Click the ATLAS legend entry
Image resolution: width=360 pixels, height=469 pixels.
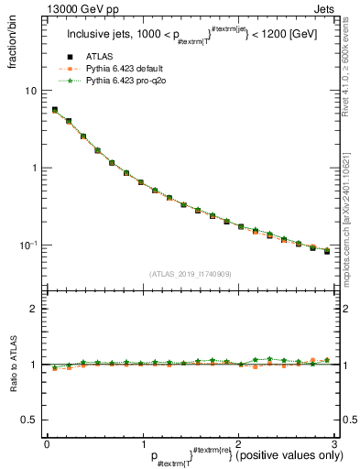point(99,59)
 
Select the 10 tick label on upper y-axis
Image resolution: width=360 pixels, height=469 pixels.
point(31,91)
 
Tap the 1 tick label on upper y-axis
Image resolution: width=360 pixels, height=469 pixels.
point(34,169)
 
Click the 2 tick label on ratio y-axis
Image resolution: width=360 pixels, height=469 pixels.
point(34,309)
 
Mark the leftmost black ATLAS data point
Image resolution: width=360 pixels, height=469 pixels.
point(54,110)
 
